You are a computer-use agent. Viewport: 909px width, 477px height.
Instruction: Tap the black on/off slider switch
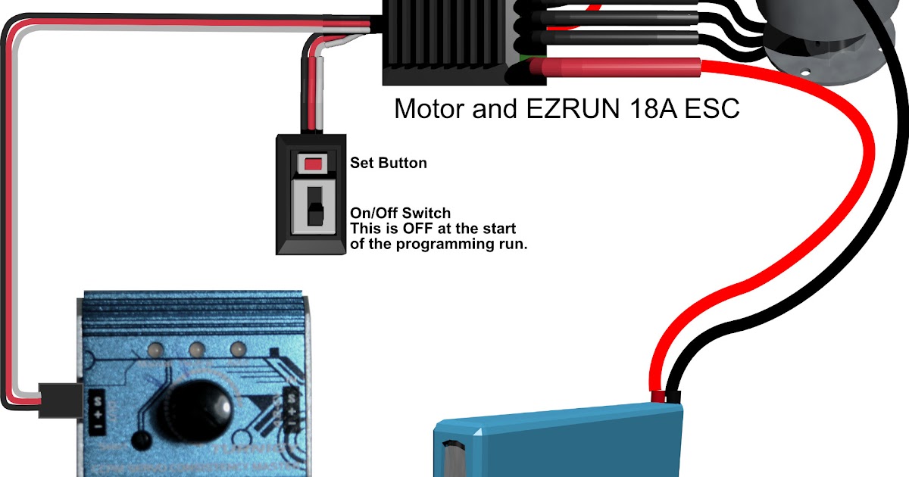click(313, 205)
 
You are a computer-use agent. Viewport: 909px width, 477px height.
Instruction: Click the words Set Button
click(389, 163)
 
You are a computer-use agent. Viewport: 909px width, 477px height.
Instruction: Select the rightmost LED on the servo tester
click(237, 350)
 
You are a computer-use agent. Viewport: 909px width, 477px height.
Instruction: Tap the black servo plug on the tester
click(59, 398)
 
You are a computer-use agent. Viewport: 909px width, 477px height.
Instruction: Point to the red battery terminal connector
click(656, 396)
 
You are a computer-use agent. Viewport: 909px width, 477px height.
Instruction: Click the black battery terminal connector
click(673, 396)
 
